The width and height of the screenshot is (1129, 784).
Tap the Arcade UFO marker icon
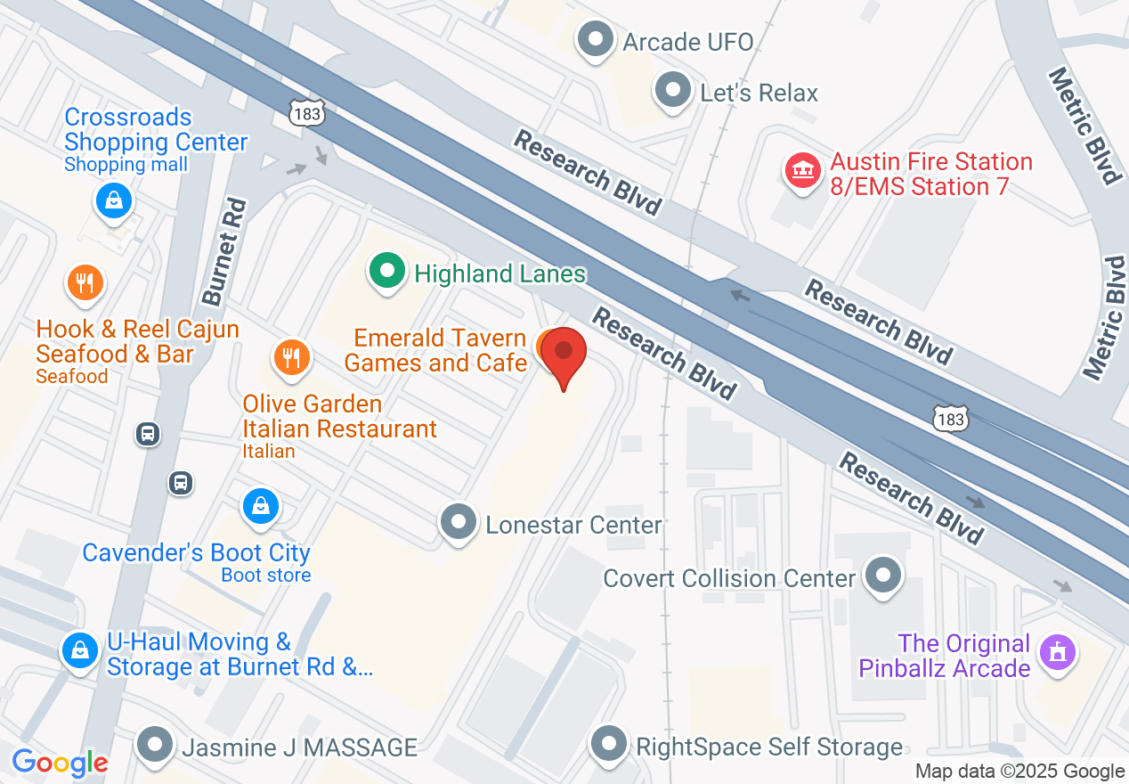[595, 40]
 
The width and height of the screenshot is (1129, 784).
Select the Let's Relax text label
[759, 93]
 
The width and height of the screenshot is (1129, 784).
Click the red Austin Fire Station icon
[801, 170]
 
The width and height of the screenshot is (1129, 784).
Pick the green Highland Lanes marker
[386, 271]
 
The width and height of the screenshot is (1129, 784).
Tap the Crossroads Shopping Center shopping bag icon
[114, 201]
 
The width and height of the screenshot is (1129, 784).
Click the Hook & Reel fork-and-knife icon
[85, 283]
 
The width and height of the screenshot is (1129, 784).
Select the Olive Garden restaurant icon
[290, 357]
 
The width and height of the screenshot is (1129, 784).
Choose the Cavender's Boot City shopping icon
[260, 507]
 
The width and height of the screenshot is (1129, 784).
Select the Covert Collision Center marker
[883, 576]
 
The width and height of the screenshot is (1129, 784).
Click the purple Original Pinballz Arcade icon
[1057, 653]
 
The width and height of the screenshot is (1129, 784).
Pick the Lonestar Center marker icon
[459, 523]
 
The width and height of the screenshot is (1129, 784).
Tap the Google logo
[60, 763]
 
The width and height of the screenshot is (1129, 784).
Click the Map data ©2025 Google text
[1019, 772]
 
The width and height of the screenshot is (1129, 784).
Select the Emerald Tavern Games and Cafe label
[439, 350]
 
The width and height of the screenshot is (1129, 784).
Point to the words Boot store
[266, 576]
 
